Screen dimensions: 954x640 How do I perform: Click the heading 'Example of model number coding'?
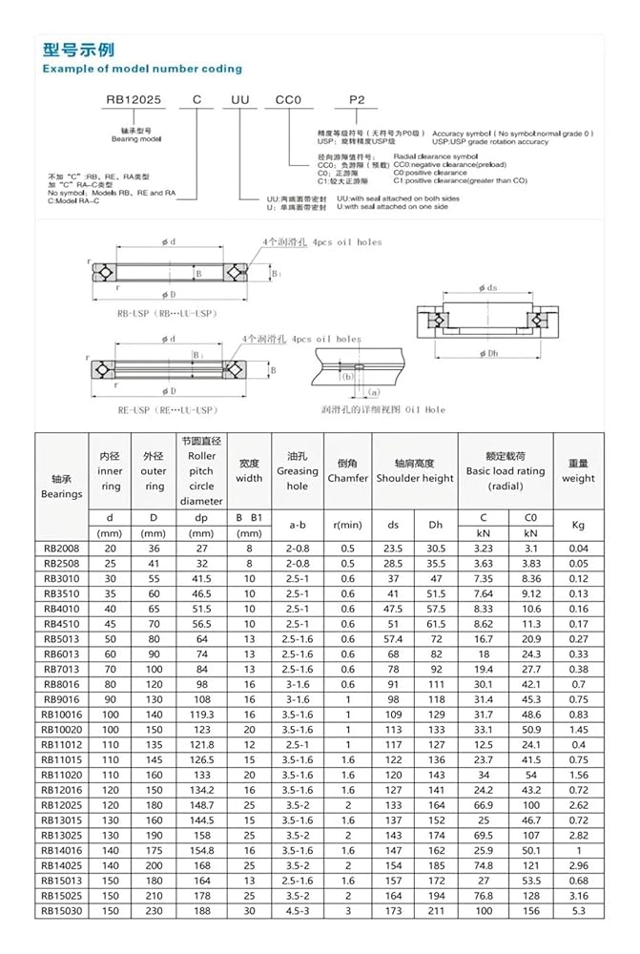point(142,69)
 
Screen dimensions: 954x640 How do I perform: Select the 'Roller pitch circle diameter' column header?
point(201,470)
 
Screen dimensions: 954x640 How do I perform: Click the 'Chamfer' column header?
point(347,478)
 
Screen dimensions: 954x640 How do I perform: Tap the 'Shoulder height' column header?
point(414,478)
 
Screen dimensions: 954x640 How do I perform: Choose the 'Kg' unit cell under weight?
point(578,525)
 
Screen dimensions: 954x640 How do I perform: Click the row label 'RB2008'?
point(61,549)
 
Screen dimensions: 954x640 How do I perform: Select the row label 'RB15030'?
point(61,911)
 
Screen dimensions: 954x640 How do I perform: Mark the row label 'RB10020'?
point(61,730)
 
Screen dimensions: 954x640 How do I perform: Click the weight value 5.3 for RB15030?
point(578,911)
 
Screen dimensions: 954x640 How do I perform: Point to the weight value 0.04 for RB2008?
point(578,549)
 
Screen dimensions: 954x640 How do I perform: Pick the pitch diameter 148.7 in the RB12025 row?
point(201,805)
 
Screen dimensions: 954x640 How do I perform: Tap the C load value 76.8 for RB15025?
point(485,896)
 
